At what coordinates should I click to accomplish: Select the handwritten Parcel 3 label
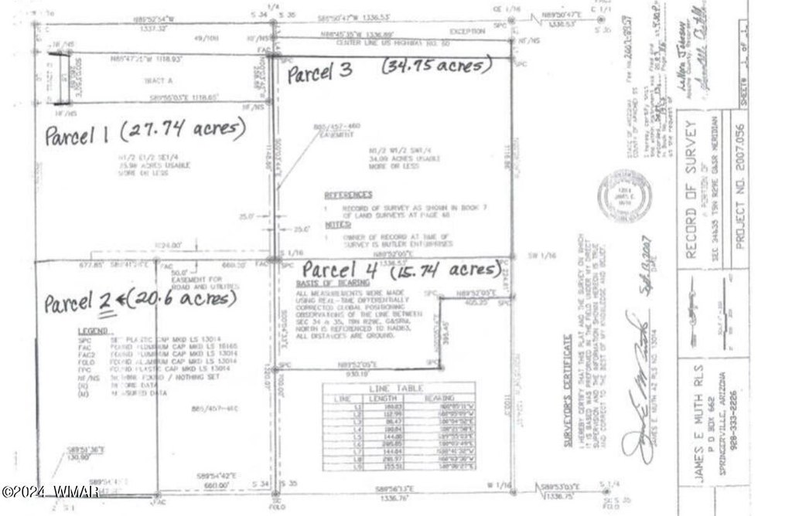(320, 74)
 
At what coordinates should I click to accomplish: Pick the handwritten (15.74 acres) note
(445, 270)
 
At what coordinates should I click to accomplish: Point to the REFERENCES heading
(348, 195)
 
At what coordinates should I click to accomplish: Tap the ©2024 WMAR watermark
(49, 491)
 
